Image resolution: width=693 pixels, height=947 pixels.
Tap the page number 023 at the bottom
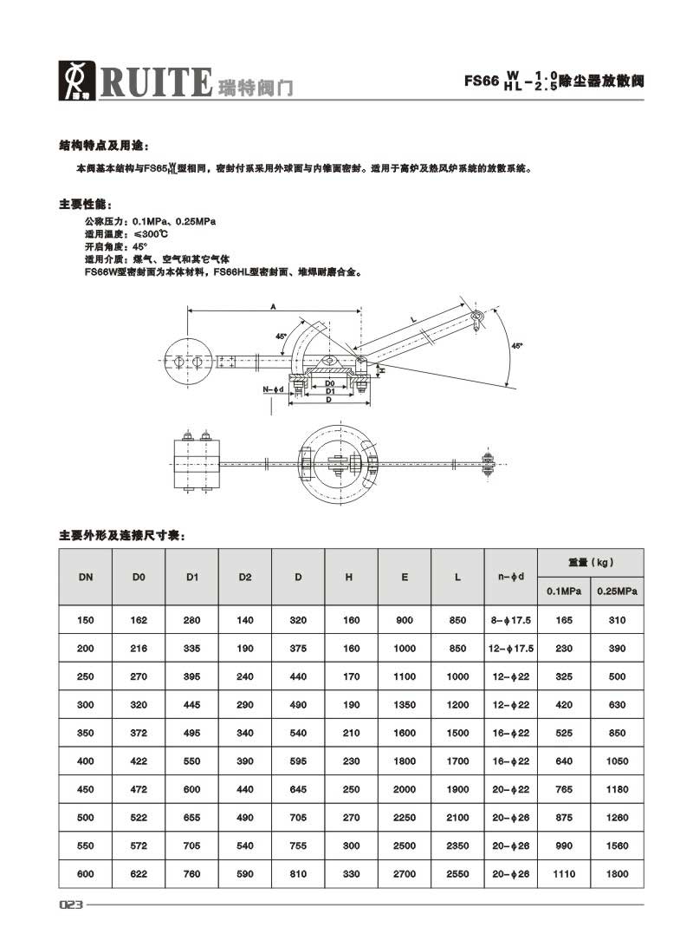coord(71,905)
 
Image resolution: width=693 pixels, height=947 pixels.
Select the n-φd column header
coord(511,577)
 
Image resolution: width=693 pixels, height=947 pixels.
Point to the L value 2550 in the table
coord(457,874)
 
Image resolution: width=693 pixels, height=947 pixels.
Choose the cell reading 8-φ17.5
coord(511,620)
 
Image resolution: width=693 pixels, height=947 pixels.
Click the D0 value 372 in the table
coord(139,733)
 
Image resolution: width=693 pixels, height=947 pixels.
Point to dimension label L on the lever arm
coord(414,320)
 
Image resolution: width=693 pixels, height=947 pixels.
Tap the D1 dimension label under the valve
coord(329,391)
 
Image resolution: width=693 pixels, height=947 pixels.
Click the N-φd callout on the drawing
coord(273,390)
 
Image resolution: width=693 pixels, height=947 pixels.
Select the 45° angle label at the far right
coord(517,346)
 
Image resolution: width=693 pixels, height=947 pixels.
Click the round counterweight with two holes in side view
coord(189,360)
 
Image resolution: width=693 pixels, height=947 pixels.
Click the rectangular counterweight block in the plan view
coord(197,463)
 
